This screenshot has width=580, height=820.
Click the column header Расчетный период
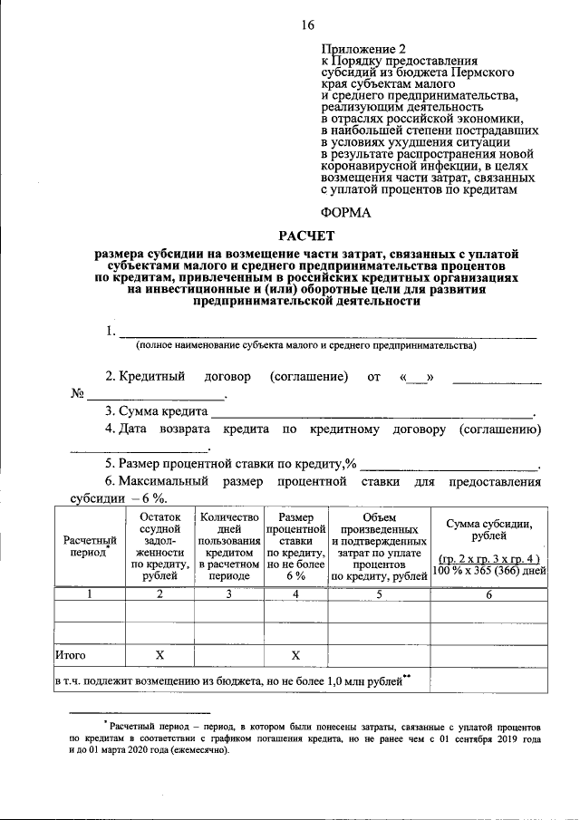click(x=89, y=546)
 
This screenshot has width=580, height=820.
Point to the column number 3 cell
click(x=229, y=594)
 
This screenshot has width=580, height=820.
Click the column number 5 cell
click(x=378, y=594)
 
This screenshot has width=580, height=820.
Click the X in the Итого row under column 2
click(x=159, y=653)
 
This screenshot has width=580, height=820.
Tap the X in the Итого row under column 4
click(x=295, y=653)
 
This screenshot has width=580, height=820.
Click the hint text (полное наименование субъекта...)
click(x=306, y=346)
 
